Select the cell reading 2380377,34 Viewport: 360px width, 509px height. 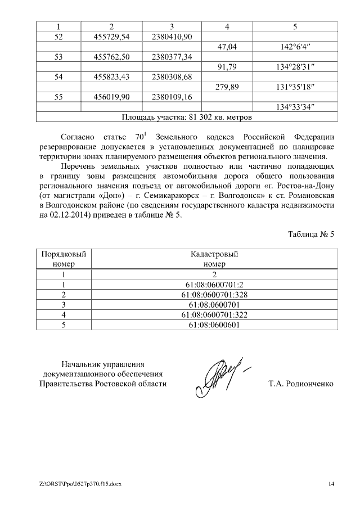tap(172, 57)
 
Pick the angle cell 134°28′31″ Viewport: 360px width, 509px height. tap(295, 67)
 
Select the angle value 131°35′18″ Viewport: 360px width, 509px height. tap(295, 87)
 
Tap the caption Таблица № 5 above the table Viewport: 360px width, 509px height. tap(311, 235)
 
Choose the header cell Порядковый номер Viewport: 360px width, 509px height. tap(64, 259)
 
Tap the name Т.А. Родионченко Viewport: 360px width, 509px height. tap(301, 384)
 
